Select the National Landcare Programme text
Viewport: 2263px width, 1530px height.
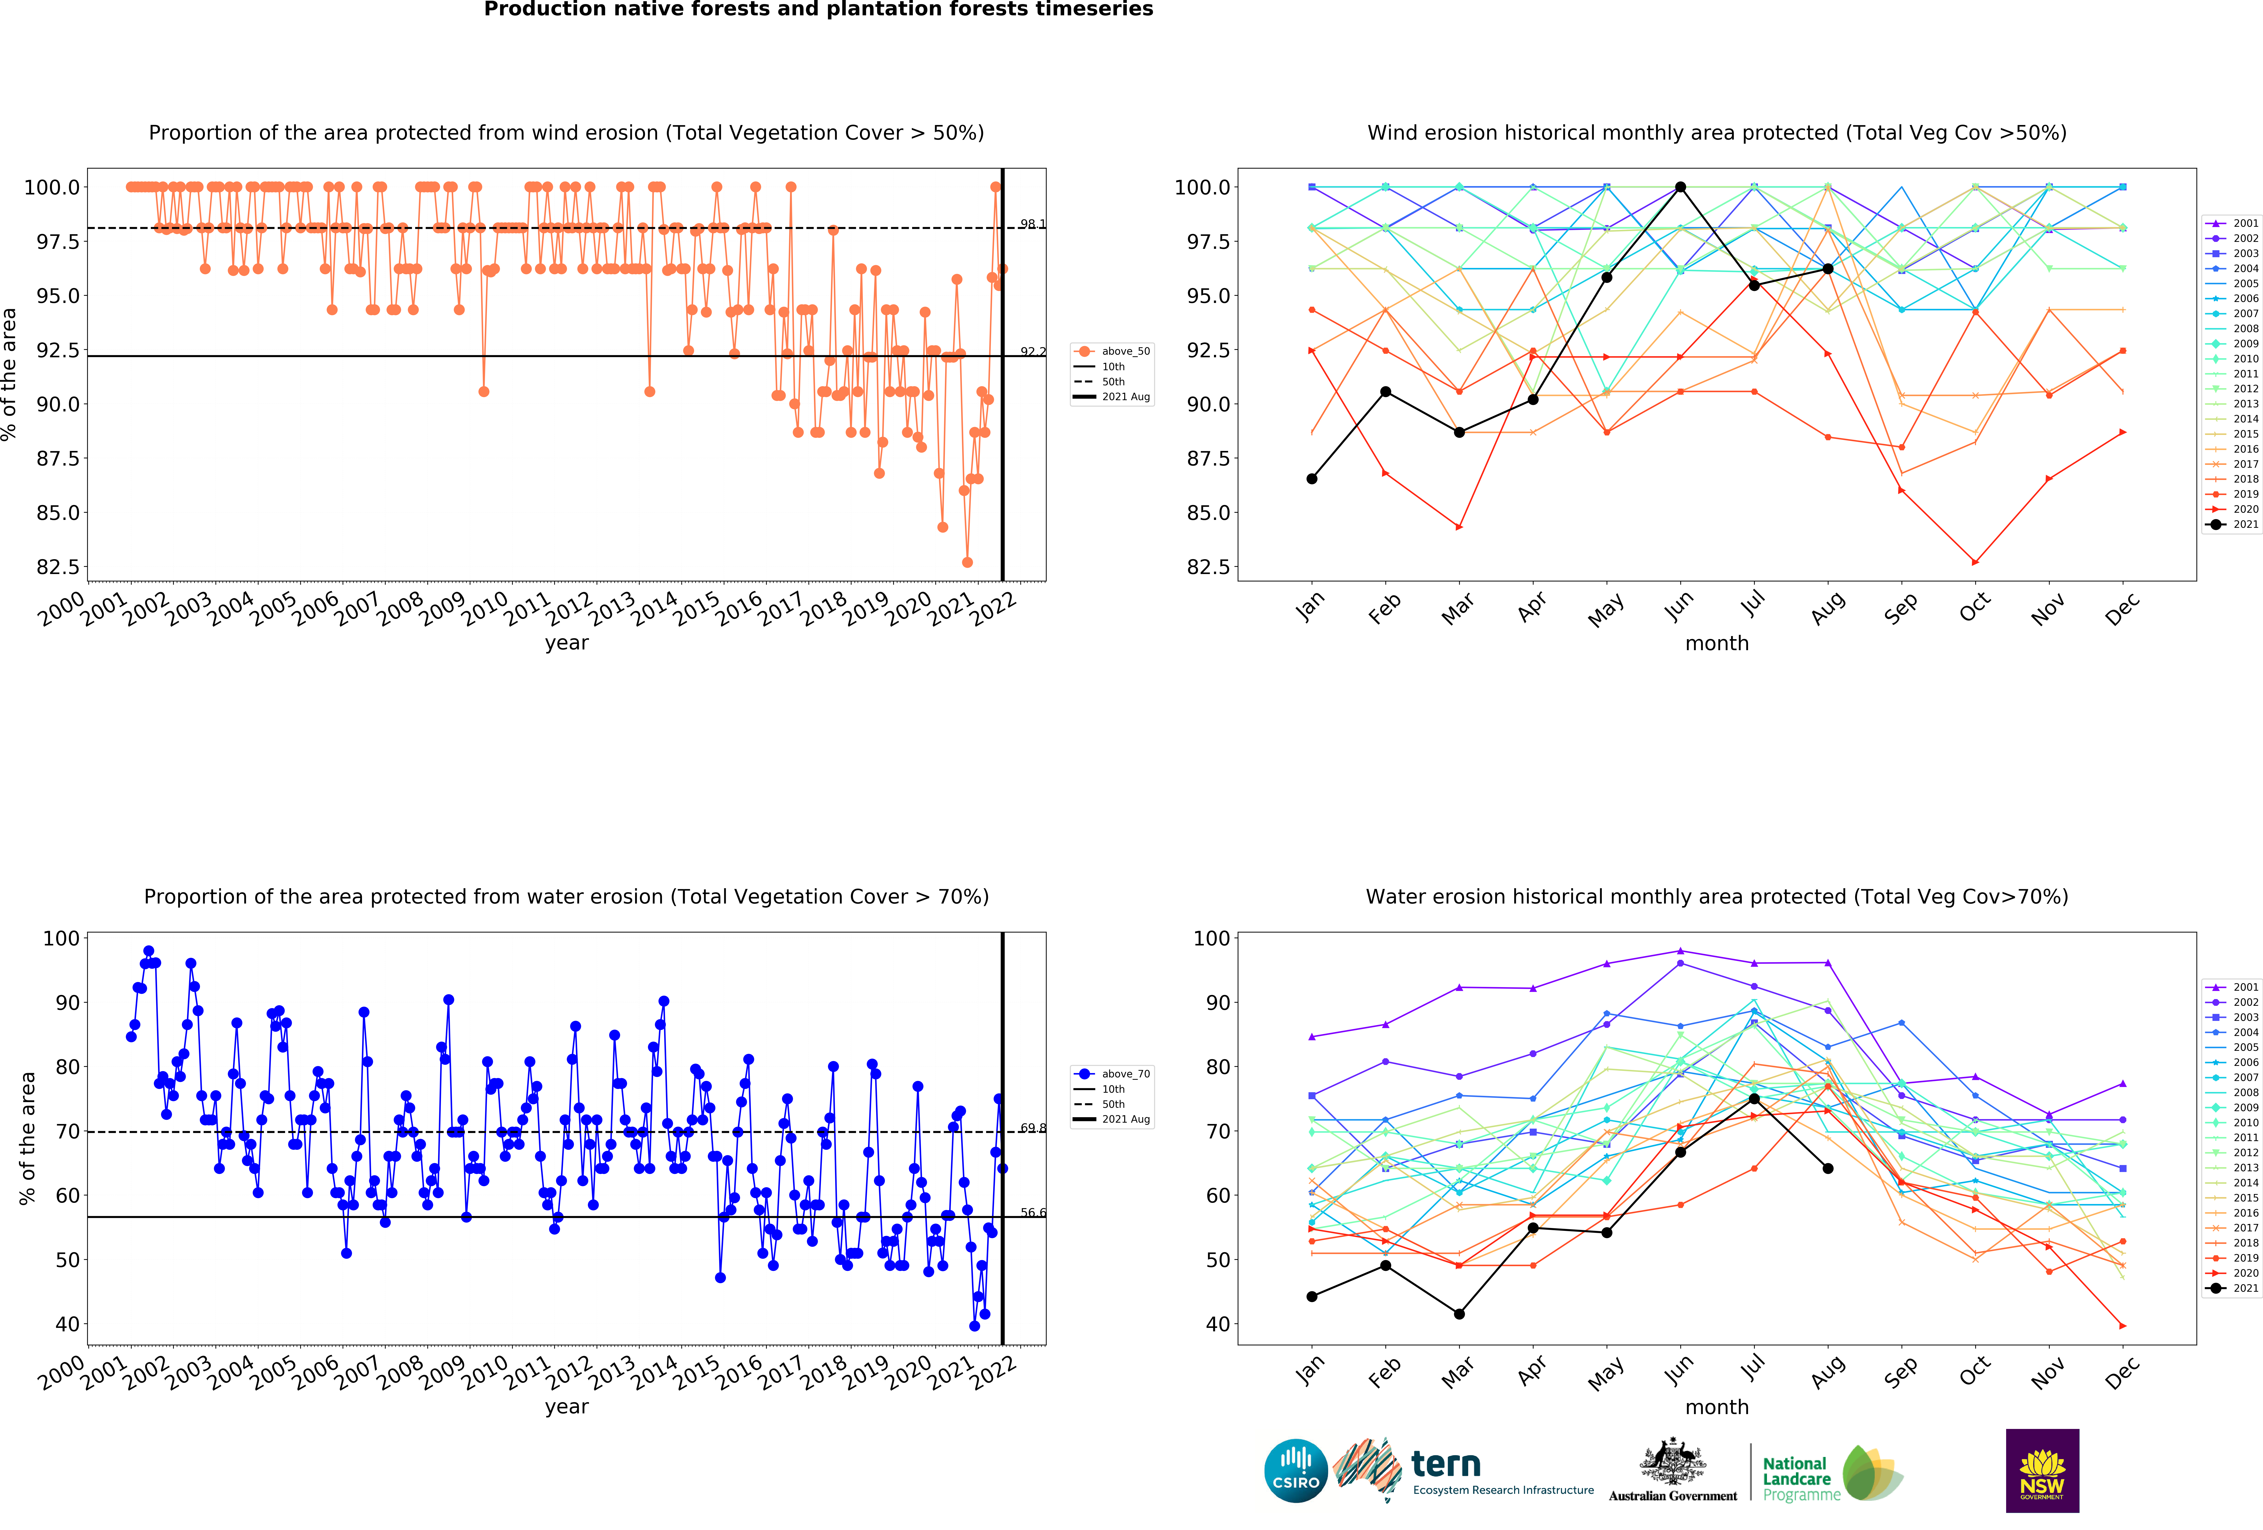pyautogui.click(x=1801, y=1478)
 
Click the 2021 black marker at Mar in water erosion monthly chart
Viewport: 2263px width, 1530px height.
pyautogui.click(x=1459, y=1314)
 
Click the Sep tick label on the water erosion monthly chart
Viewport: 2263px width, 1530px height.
pyautogui.click(x=1900, y=1371)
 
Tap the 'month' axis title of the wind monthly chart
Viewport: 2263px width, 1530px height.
pyautogui.click(x=1717, y=643)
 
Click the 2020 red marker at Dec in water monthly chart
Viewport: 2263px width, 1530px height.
pyautogui.click(x=2123, y=1325)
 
